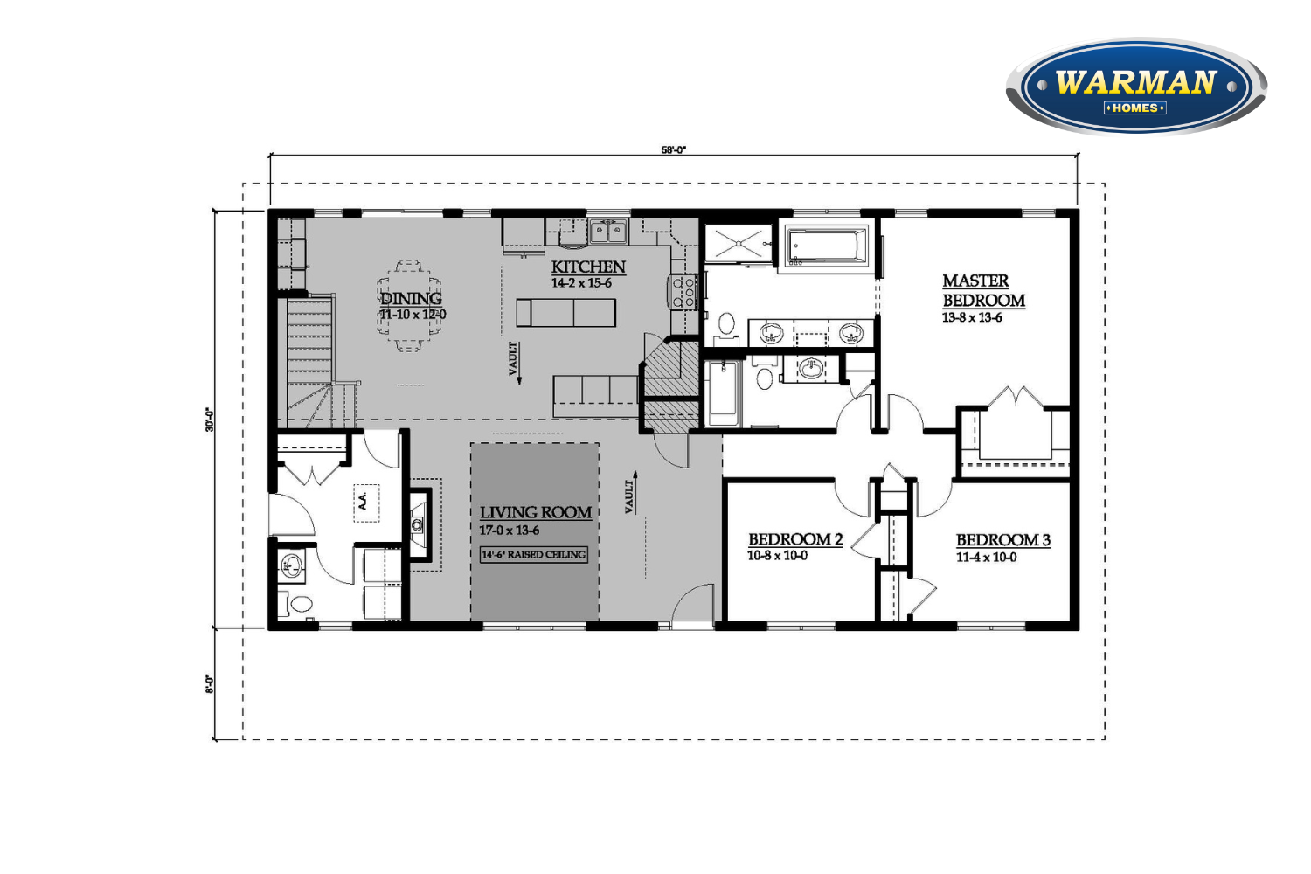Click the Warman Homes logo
(1136, 87)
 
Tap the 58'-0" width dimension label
(674, 149)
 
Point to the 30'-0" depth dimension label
(210, 420)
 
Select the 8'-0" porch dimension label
(210, 684)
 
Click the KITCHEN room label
(588, 267)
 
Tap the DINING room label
(411, 299)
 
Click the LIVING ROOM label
(536, 513)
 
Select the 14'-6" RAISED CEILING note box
(533, 554)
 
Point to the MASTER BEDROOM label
(983, 290)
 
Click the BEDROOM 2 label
(795, 539)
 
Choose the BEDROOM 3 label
(1003, 540)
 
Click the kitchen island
(566, 313)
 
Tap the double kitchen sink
(608, 232)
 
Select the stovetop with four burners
(683, 292)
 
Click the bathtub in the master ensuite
(826, 246)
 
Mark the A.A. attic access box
(366, 503)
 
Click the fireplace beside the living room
(419, 524)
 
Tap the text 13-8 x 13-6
(972, 318)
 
